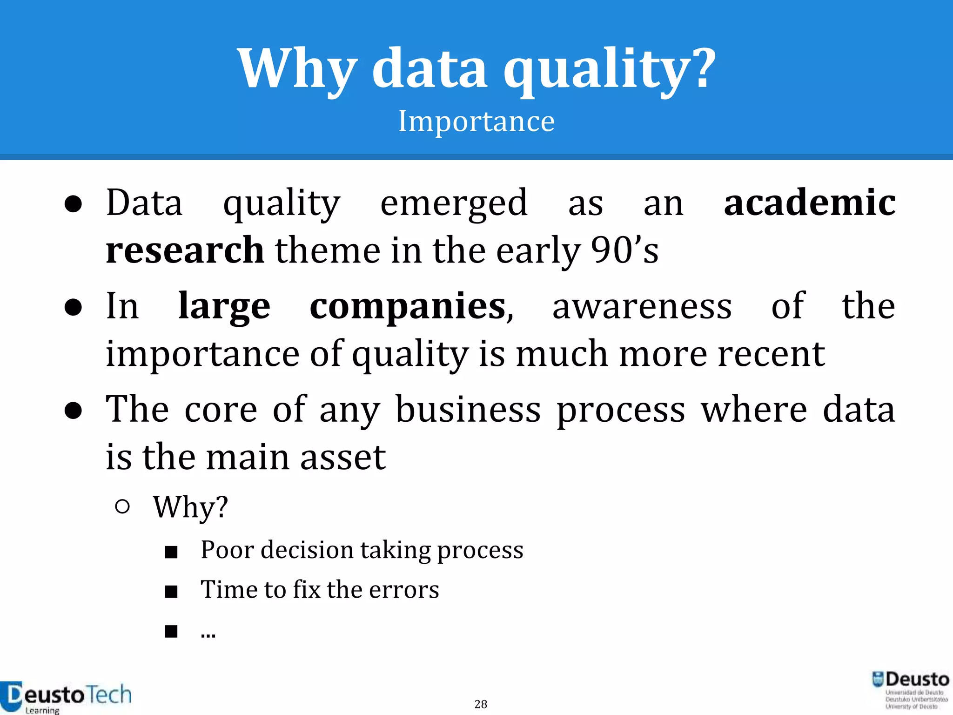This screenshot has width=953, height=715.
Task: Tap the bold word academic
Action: pyautogui.click(x=810, y=203)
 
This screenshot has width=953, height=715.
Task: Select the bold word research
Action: pyautogui.click(x=185, y=250)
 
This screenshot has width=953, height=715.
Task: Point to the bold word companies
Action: pyautogui.click(x=408, y=306)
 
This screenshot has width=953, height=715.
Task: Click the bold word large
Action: pyautogui.click(x=224, y=306)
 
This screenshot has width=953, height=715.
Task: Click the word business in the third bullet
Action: pyautogui.click(x=468, y=410)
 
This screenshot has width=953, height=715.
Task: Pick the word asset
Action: pyautogui.click(x=342, y=457)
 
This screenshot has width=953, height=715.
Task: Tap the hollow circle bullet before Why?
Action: pyautogui.click(x=122, y=506)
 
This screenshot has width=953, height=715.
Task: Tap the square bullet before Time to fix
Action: pyautogui.click(x=171, y=592)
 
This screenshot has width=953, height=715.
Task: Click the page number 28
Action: pyautogui.click(x=481, y=704)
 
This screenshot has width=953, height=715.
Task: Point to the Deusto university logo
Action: pyautogui.click(x=911, y=689)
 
